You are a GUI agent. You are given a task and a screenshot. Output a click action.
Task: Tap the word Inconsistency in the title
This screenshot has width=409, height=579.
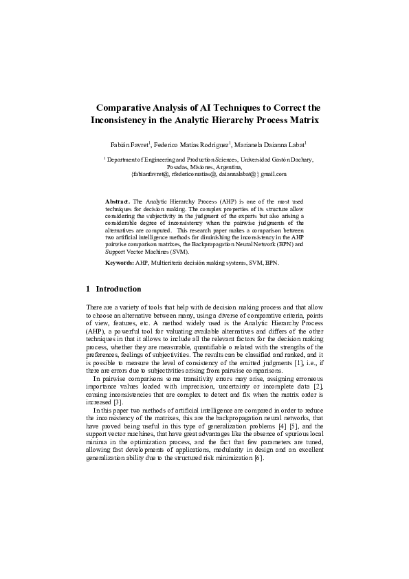pyautogui.click(x=122, y=120)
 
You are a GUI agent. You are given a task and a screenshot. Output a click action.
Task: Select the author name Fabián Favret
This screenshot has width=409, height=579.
pyautogui.click(x=129, y=145)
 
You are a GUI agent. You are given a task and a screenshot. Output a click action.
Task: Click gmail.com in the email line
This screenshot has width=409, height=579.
pyautogui.click(x=271, y=175)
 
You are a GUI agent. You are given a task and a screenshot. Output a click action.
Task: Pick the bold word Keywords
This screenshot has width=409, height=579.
pyautogui.click(x=119, y=263)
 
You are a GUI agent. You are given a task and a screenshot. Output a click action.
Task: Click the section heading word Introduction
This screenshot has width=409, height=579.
pyautogui.click(x=118, y=289)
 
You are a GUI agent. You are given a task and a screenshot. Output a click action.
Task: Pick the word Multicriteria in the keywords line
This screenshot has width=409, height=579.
pyautogui.click(x=166, y=263)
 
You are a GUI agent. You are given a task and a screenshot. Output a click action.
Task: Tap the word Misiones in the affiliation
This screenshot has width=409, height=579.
pyautogui.click(x=208, y=167)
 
